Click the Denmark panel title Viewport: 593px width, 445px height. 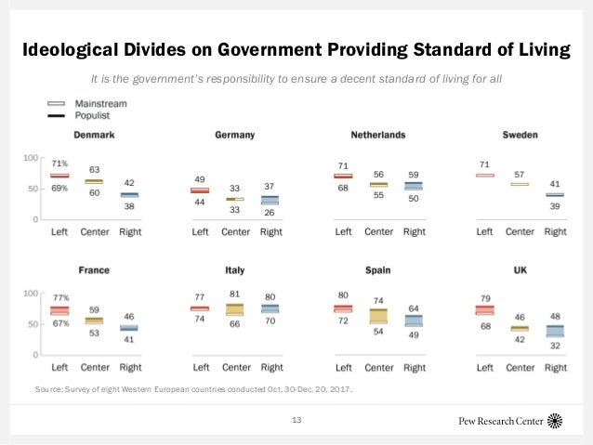coord(94,135)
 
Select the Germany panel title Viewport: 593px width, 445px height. coord(234,135)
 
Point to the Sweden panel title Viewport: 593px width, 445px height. coord(520,135)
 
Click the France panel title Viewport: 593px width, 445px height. coord(94,270)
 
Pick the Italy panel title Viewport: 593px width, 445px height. coord(234,270)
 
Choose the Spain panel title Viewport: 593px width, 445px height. coord(377,270)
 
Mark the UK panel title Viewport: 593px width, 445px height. coord(520,270)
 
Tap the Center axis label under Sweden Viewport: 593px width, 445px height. coord(520,231)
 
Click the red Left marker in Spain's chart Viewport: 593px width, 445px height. coord(343,308)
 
